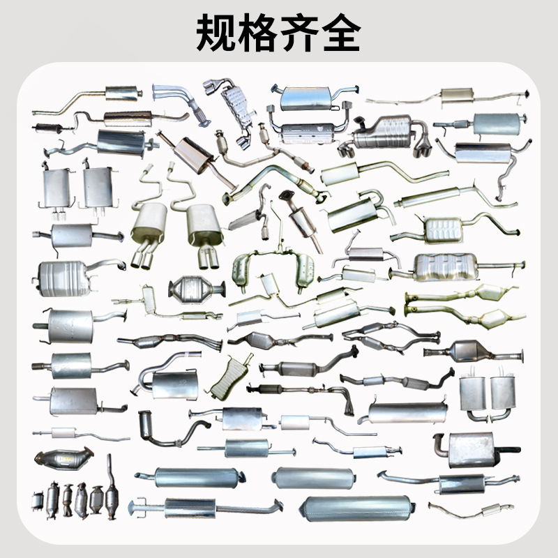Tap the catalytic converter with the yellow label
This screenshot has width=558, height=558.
pyautogui.click(x=64, y=458)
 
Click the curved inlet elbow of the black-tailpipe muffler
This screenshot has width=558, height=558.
pyautogui.click(x=441, y=445)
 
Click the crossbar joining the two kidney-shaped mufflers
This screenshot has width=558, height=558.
pyautogui.click(x=273, y=253)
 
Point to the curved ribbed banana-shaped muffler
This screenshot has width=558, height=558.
pyautogui.click(x=229, y=378)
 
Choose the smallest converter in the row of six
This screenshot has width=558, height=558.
pyautogui.click(x=38, y=501)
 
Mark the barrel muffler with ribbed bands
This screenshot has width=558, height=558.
pyautogui.click(x=64, y=279)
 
